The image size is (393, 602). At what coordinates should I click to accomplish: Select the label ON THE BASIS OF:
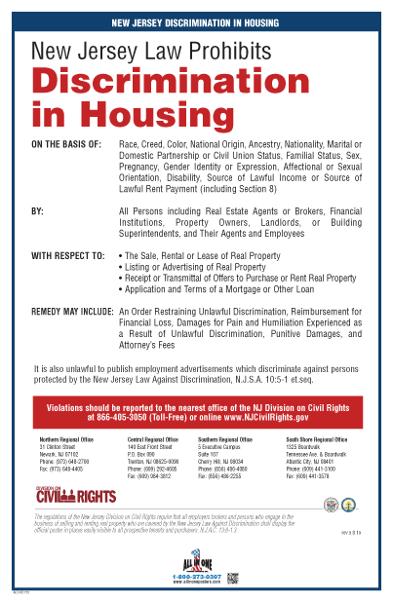tap(66, 144)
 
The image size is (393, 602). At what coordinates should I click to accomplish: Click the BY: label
tap(39, 208)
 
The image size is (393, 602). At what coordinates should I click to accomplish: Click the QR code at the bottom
tap(232, 579)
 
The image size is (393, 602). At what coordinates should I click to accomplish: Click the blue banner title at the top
tap(196, 20)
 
